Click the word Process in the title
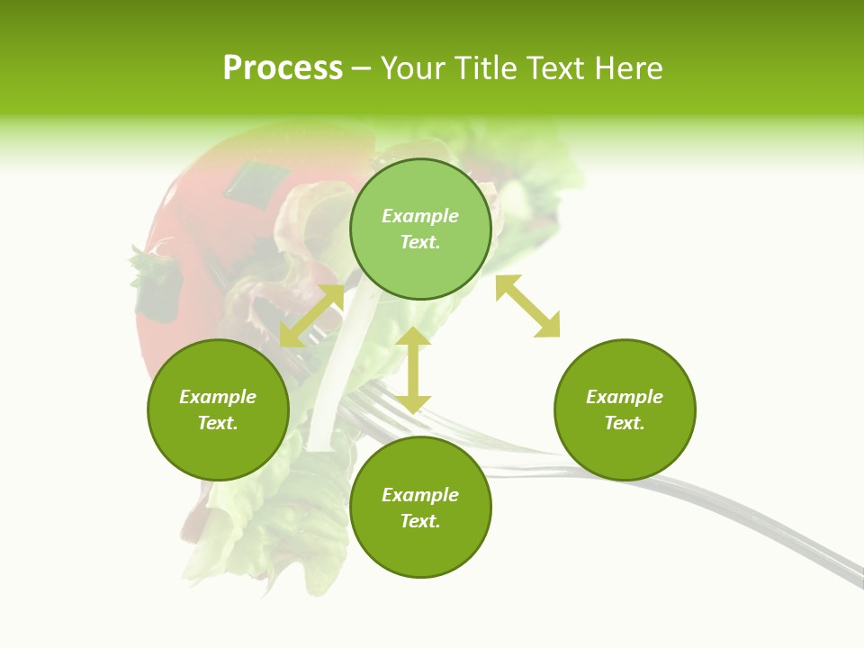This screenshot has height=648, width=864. click(x=283, y=68)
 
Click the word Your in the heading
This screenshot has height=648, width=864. click(x=415, y=68)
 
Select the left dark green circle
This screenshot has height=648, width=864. click(x=218, y=409)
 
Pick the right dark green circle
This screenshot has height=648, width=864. click(x=625, y=409)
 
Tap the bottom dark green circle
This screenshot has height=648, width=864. click(x=420, y=508)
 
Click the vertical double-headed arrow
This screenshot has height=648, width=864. click(x=413, y=370)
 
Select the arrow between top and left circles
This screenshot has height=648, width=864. click(x=311, y=316)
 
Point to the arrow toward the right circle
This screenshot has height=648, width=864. click(x=528, y=306)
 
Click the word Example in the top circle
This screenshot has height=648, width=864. click(x=420, y=216)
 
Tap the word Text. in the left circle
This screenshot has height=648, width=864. click(x=218, y=423)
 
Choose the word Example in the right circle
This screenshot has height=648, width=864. click(x=625, y=397)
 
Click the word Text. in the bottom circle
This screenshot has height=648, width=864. click(x=420, y=521)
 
